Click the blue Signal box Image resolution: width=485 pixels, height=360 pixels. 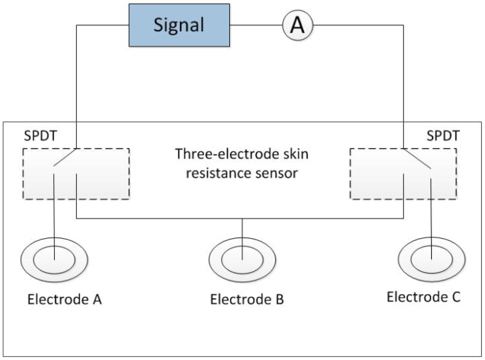click(179, 25)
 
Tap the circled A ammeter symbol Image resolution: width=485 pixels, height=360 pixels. click(297, 25)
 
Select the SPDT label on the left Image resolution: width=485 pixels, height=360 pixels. click(40, 136)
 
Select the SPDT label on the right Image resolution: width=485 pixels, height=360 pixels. click(443, 136)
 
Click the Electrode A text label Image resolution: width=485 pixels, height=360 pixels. click(64, 300)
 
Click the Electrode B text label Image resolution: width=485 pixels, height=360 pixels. click(247, 300)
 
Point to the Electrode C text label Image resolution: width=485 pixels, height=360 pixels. click(423, 297)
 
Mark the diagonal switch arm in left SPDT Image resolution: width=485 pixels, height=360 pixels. click(65, 157)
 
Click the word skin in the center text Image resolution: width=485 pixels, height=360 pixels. click(296, 154)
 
